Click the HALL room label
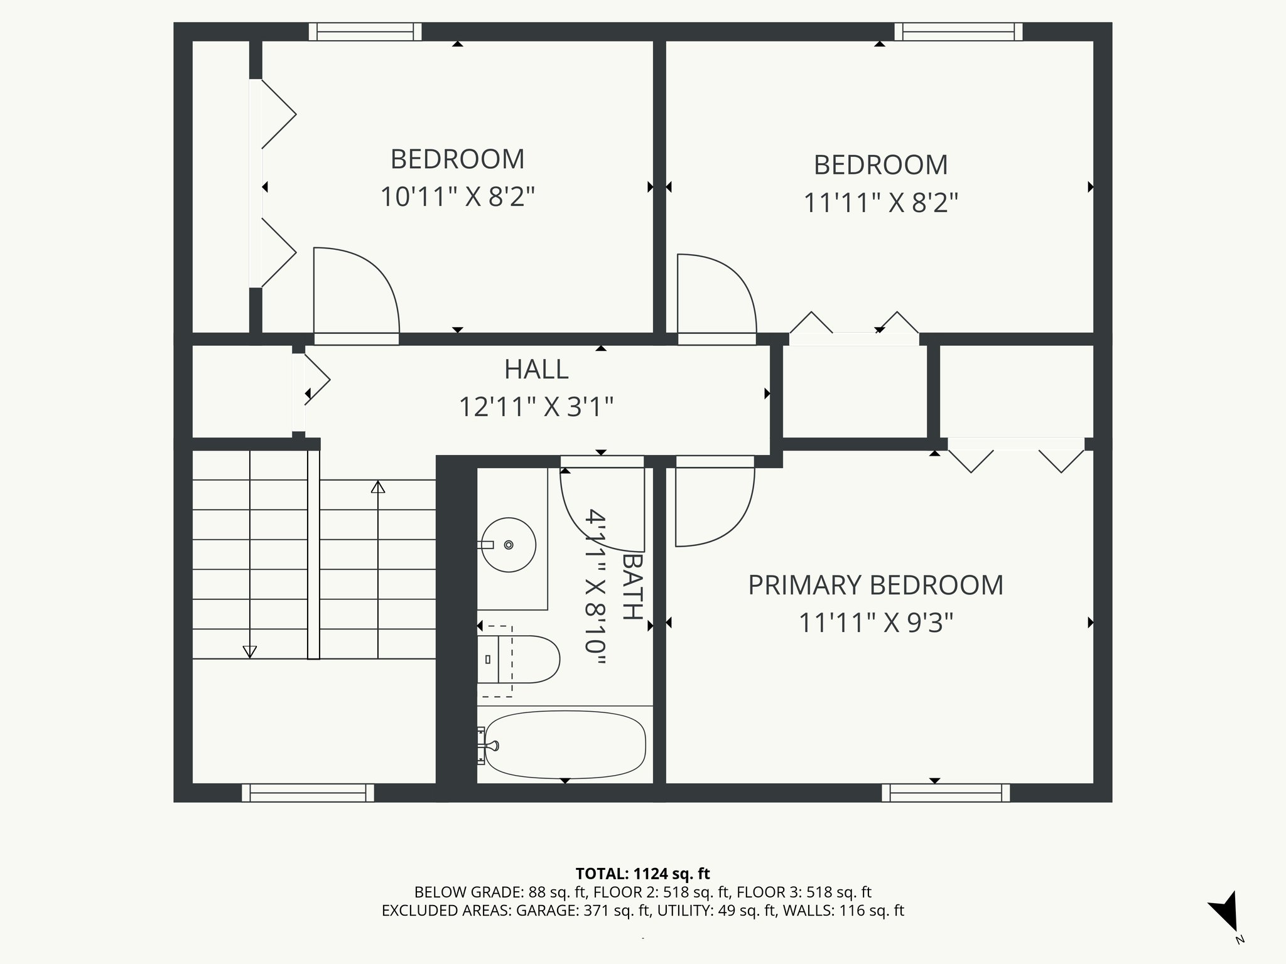click(536, 369)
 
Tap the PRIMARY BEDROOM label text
click(875, 585)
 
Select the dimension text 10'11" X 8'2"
click(457, 197)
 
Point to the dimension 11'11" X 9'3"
click(875, 623)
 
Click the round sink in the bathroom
click(509, 545)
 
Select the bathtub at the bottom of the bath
click(565, 744)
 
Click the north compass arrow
click(1225, 911)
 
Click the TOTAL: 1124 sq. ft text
click(642, 873)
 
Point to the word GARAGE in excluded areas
click(544, 911)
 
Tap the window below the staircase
click(308, 793)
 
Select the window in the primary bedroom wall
click(946, 793)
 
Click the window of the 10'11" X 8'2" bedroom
click(365, 31)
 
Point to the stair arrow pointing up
click(377, 487)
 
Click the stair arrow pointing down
click(250, 651)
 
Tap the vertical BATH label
click(633, 586)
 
